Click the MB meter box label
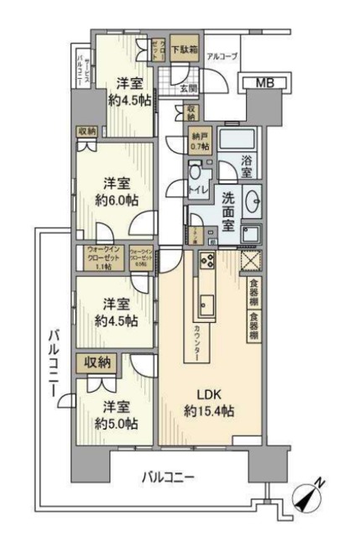263,82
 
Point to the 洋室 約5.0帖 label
115,414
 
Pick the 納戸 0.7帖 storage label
199,140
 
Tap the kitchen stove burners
206,263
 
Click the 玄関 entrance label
190,87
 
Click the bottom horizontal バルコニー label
168,476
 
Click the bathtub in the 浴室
240,139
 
